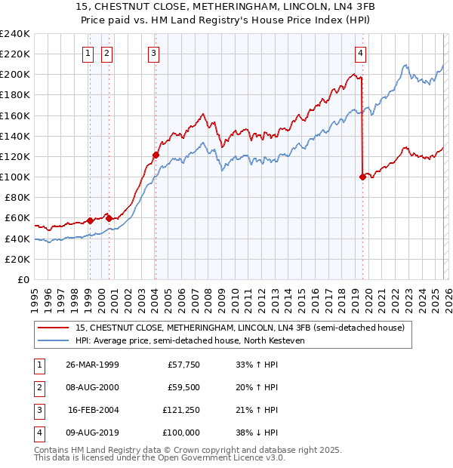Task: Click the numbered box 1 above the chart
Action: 89,53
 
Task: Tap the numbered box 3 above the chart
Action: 153,53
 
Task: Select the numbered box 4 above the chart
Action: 361,53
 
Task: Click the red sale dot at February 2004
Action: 156,155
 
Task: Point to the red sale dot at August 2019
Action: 362,177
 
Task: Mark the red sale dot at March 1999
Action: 90,220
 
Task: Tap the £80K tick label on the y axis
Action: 17,198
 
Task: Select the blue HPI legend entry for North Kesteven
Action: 189,340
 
